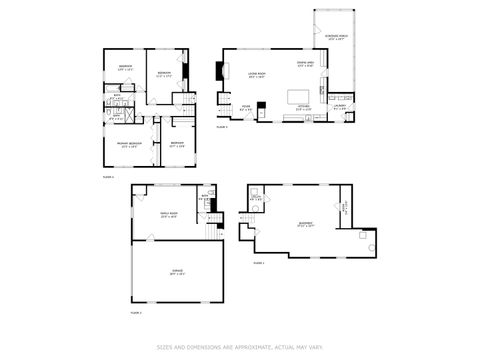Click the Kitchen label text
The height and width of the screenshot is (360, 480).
pyautogui.click(x=304, y=107)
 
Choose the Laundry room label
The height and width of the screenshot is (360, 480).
pyautogui.click(x=338, y=107)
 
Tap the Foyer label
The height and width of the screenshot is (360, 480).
pyautogui.click(x=246, y=107)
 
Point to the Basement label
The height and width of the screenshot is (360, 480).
pyautogui.click(x=306, y=224)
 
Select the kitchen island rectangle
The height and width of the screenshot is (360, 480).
pyautogui.click(x=300, y=96)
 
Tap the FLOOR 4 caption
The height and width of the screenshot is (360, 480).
pyautogui.click(x=109, y=176)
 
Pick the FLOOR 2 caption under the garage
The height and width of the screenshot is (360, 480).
pyautogui.click(x=137, y=313)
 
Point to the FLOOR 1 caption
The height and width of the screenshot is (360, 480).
pyautogui.click(x=258, y=263)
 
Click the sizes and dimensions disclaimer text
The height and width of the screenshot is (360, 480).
pyautogui.click(x=240, y=348)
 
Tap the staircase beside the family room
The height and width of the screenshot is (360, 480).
pyautogui.click(x=212, y=231)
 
